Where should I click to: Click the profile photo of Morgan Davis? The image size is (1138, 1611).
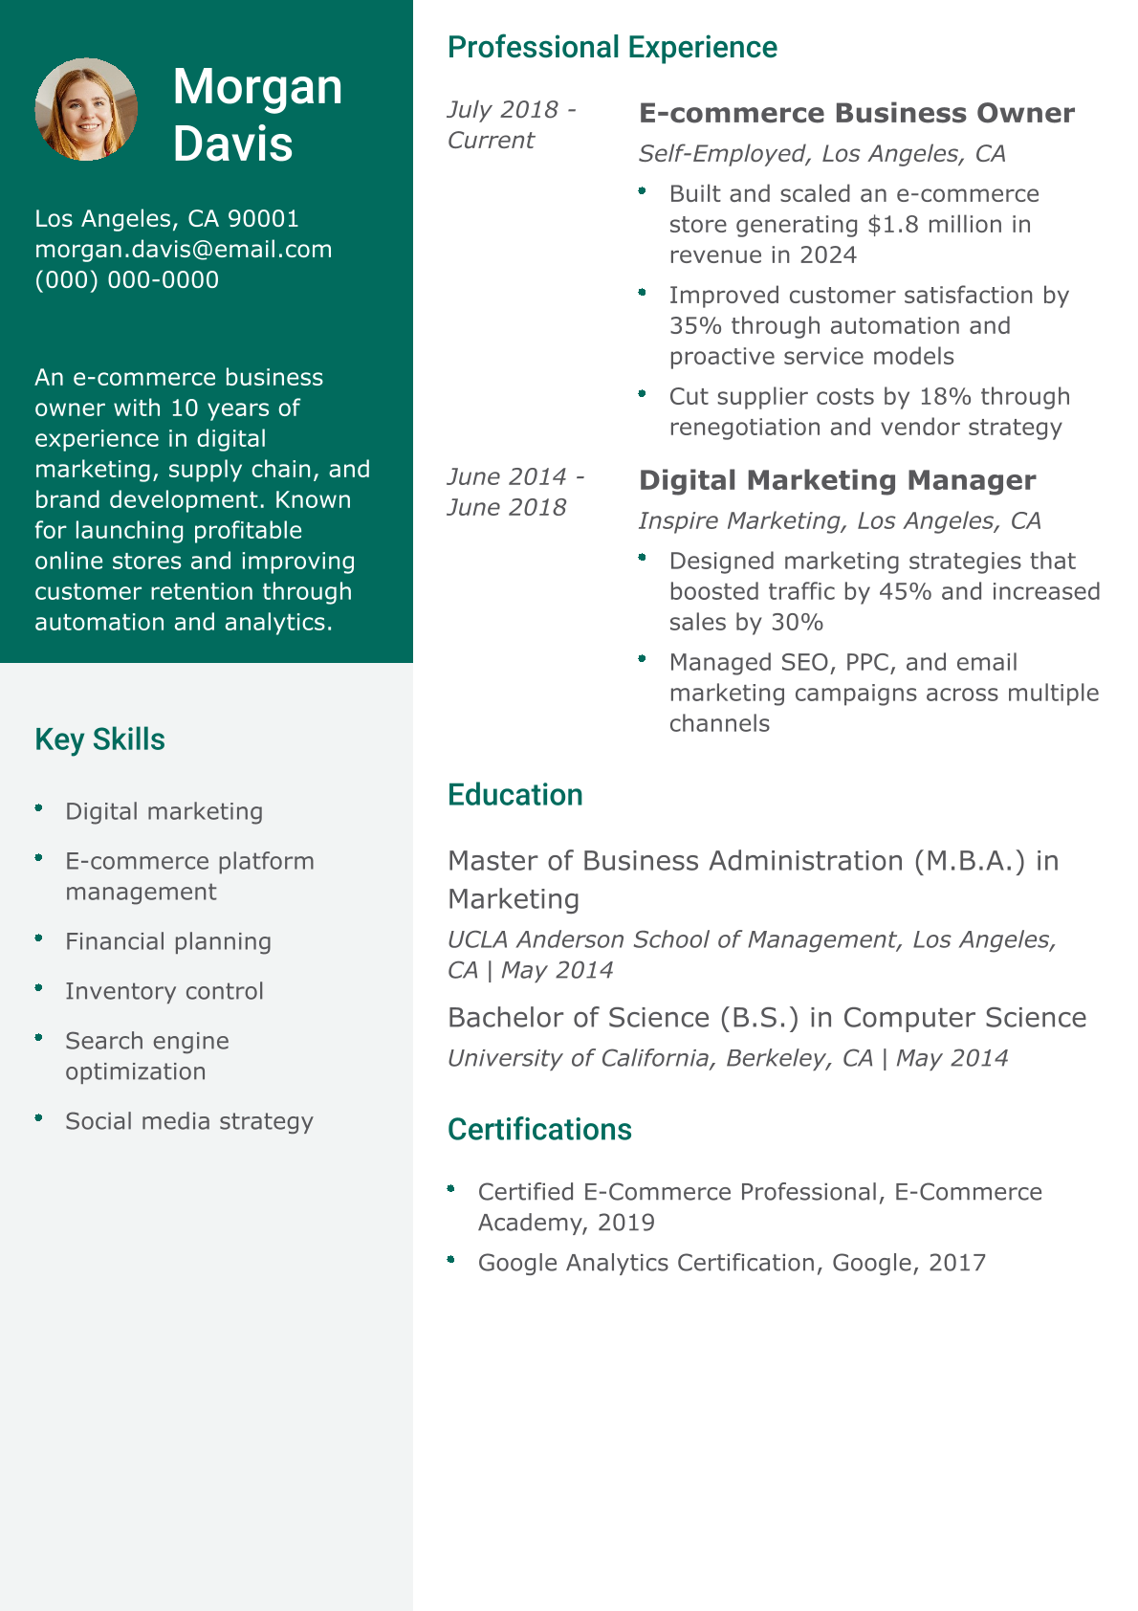[86, 109]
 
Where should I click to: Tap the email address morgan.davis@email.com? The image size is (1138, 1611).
[184, 250]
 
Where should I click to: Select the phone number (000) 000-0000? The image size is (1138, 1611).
[127, 280]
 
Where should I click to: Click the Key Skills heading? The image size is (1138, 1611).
[99, 739]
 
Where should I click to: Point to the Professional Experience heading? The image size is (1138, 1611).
[612, 47]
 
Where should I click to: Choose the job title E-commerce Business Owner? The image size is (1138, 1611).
[856, 113]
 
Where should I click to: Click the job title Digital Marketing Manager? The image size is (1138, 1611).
[837, 480]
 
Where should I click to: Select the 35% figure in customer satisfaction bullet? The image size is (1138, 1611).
[695, 326]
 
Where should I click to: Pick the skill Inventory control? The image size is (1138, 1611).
[164, 991]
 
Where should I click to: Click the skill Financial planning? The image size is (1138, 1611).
[167, 941]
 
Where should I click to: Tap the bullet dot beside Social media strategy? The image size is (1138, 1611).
[39, 1117]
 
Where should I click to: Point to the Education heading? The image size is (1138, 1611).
[514, 795]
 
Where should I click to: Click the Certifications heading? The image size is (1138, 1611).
[539, 1130]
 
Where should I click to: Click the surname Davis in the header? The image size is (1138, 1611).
[232, 143]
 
